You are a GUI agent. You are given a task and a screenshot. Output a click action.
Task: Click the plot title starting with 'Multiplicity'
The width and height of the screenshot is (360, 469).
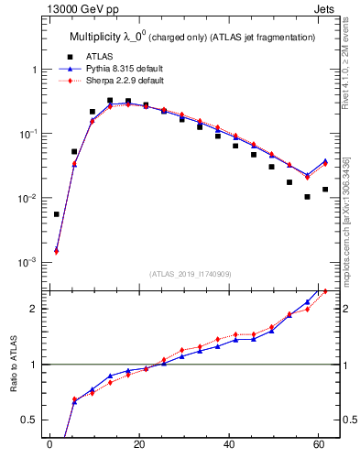click(x=192, y=37)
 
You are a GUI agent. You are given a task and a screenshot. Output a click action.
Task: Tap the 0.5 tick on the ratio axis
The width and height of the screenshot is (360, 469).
click(x=32, y=420)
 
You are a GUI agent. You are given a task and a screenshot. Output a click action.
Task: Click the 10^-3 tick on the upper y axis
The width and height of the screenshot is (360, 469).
click(x=29, y=263)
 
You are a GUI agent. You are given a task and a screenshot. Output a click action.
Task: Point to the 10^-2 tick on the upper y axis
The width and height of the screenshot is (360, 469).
click(x=29, y=199)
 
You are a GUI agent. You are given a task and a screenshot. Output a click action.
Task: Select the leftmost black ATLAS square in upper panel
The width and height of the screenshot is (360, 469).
click(x=57, y=214)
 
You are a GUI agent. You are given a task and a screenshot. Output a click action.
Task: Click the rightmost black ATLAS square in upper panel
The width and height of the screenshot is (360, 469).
click(x=325, y=190)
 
